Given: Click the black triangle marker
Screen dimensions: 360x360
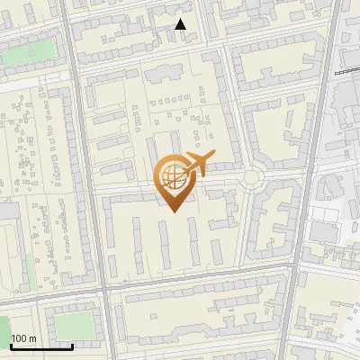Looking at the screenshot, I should click(181, 24).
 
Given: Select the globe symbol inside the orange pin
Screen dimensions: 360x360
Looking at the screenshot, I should click(172, 177).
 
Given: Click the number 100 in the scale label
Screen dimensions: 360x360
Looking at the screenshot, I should click(20, 338).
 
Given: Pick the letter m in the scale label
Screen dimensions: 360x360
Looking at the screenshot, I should click(33, 338).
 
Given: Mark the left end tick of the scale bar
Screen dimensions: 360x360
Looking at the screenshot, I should click(11, 346).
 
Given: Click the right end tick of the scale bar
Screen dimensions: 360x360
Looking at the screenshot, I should click(72, 346).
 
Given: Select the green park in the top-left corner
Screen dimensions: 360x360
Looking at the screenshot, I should click(27, 54).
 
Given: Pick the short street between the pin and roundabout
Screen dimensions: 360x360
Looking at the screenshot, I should click(220, 179).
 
